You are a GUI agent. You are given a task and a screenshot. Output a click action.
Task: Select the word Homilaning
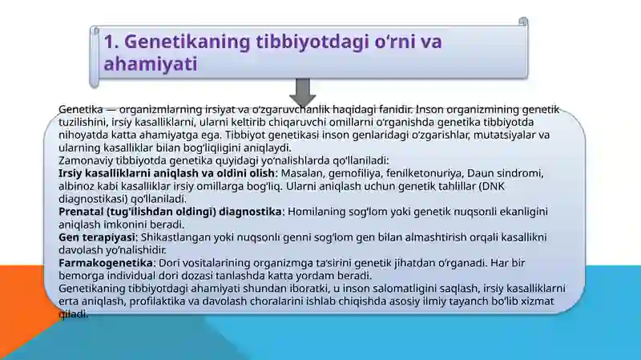coord(313,212)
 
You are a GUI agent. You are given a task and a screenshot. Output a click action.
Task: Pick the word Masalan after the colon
coord(301,173)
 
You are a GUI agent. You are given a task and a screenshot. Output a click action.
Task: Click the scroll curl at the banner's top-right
coord(523,22)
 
